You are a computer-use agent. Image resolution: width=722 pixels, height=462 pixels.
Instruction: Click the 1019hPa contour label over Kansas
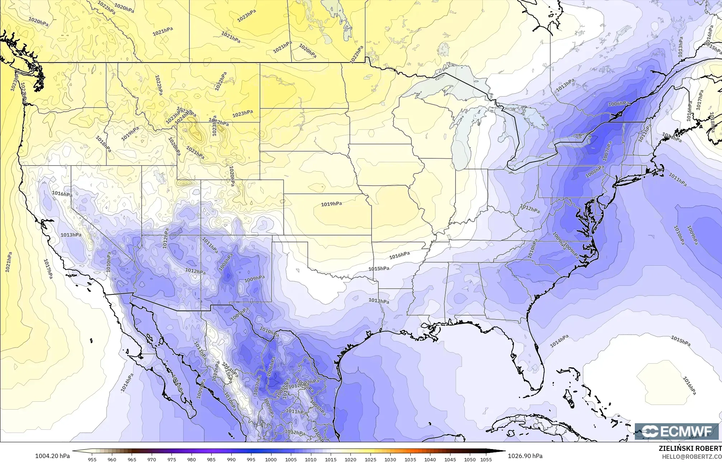(x=331, y=204)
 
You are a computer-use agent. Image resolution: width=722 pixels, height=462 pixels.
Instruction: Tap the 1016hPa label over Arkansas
(x=399, y=255)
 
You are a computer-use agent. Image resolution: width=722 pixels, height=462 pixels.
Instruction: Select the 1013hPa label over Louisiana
(x=379, y=301)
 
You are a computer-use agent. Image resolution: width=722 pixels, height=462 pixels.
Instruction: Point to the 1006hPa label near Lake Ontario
(x=619, y=104)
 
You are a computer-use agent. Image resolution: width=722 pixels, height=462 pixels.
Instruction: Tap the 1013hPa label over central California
(x=71, y=235)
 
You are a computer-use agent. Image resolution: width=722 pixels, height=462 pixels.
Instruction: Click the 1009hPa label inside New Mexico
(x=254, y=279)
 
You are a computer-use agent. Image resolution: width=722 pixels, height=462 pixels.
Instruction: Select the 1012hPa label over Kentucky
(x=530, y=209)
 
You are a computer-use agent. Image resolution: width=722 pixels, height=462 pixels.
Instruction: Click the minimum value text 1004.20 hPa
(x=52, y=456)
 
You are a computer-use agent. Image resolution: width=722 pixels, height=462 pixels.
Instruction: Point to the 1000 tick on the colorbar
(x=271, y=459)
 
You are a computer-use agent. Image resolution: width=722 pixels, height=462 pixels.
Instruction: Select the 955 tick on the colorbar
(x=92, y=459)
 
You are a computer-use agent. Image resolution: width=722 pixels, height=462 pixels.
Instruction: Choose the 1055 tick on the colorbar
(x=486, y=459)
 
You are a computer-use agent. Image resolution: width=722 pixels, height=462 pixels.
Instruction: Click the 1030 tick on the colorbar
(x=390, y=459)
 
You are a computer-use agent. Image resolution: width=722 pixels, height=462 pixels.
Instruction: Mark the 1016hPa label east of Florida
(x=689, y=386)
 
